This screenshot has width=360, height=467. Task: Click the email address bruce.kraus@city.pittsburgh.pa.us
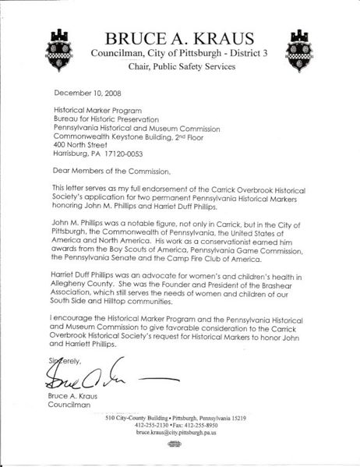pyautogui.click(x=180, y=431)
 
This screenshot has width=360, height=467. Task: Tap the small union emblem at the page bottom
pyautogui.click(x=180, y=443)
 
